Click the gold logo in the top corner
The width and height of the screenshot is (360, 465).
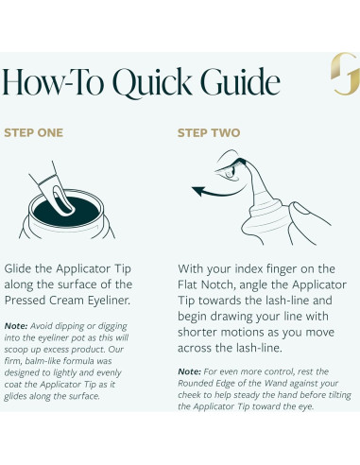[x=345, y=74]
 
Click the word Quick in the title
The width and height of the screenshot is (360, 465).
[x=152, y=82]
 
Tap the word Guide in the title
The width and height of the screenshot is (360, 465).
[x=240, y=81]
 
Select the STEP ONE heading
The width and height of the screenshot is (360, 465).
[x=33, y=132]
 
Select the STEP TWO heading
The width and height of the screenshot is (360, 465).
[x=209, y=132]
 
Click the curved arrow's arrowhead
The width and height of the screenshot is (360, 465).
[x=198, y=190]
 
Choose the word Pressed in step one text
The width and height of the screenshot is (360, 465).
[x=25, y=301]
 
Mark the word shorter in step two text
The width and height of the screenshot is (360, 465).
[x=197, y=332]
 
